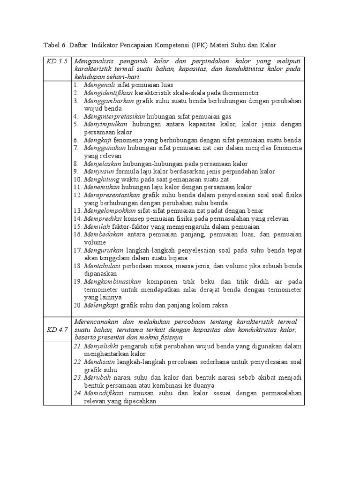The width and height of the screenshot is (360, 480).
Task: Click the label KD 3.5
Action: [x=57, y=62]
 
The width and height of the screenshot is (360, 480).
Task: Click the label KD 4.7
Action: [x=57, y=330]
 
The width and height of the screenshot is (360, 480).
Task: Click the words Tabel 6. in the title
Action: [x=55, y=45]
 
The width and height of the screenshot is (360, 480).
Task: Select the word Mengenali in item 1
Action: [x=99, y=85]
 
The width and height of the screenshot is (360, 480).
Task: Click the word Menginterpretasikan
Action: [x=114, y=117]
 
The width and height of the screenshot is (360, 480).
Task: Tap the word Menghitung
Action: [x=101, y=180]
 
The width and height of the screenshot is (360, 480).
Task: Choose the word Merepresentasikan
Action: [x=112, y=195]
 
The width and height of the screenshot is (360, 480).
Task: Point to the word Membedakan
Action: [x=104, y=234]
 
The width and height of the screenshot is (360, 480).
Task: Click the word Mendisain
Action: [x=98, y=362]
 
